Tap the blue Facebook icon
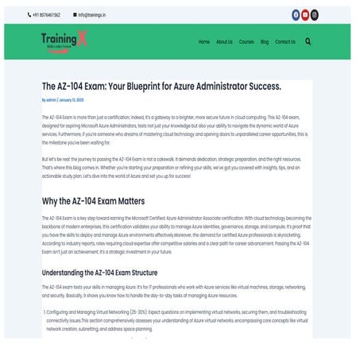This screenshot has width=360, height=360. (296, 14)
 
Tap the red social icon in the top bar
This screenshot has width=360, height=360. (305, 14)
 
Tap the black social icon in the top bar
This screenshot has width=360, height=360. (315, 14)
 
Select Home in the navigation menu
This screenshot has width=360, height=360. (204, 41)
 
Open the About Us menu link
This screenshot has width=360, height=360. (224, 41)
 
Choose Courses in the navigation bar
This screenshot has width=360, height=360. (246, 41)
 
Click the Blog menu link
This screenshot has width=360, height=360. (265, 41)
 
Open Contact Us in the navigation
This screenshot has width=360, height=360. (285, 41)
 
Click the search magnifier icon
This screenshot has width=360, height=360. (308, 41)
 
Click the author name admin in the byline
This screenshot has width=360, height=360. (52, 100)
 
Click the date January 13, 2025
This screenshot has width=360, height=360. (72, 100)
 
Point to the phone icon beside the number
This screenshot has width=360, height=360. (29, 14)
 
